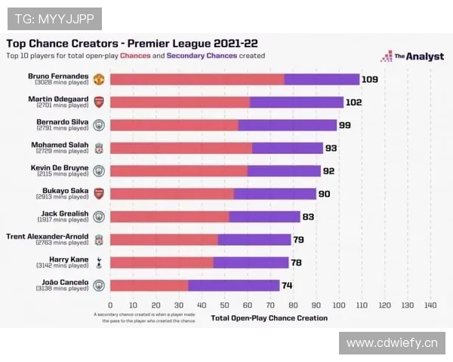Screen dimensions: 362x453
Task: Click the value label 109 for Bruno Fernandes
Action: coord(369,79)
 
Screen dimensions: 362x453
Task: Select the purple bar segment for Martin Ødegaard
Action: coord(296,103)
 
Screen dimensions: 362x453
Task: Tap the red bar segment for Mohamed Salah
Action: coord(181,148)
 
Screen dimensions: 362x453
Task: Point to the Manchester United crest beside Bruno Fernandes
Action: coord(99,79)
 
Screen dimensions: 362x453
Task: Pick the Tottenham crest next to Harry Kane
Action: coord(99,262)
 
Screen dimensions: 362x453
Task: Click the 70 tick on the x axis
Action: coord(270,305)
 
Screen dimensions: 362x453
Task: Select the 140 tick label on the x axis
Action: coord(430,305)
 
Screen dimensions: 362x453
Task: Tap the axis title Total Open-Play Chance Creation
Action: coord(270,318)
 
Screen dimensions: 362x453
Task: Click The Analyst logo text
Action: coord(414,56)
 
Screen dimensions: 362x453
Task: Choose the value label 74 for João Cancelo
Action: coord(287,286)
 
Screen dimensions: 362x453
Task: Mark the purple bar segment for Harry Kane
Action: coord(251,262)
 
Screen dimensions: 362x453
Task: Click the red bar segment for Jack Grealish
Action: coord(170,216)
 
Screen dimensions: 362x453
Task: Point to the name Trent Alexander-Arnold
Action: coord(47,236)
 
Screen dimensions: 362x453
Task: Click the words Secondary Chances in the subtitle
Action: coord(202,56)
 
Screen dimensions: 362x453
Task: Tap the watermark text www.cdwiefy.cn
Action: coord(392,344)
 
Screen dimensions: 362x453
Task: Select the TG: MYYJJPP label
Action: coord(54,18)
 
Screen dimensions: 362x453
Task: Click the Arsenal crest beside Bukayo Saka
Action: coord(99,194)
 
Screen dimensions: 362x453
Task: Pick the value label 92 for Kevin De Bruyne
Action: coord(328,171)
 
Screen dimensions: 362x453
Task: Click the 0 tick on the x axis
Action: coord(110,305)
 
